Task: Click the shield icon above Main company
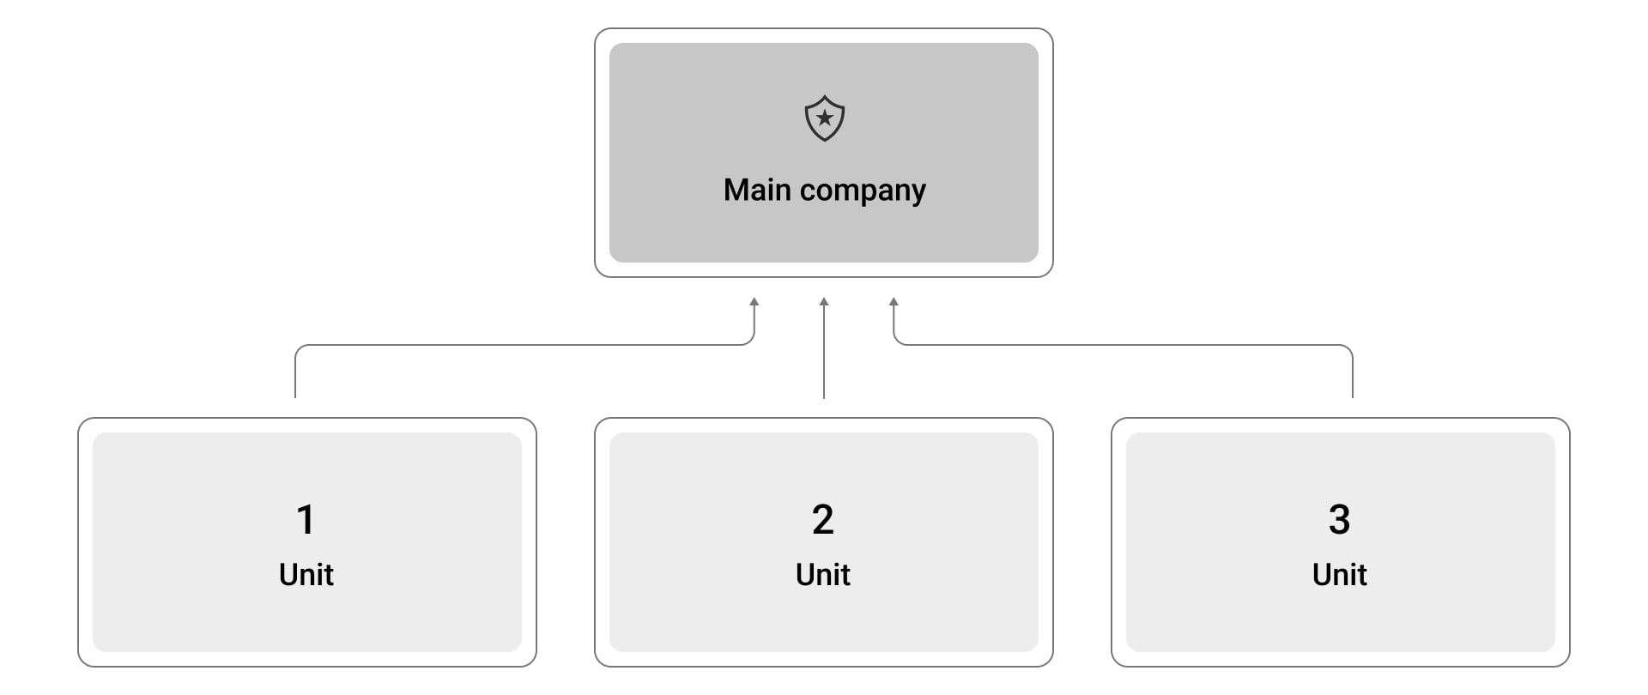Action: point(824,118)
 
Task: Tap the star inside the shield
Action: point(824,118)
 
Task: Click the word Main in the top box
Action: point(757,190)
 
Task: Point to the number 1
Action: point(306,519)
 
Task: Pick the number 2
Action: point(823,519)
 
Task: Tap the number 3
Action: point(1339,519)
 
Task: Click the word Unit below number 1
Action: point(306,574)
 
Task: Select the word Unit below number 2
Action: point(823,574)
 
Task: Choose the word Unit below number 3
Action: point(1340,574)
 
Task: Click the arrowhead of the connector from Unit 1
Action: point(754,302)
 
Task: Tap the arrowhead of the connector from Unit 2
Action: point(824,302)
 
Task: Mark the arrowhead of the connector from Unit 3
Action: point(894,302)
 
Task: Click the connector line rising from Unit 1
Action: point(524,345)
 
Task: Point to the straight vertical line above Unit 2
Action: point(824,347)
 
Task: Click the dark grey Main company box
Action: point(824,153)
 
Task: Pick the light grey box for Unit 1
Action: point(307,542)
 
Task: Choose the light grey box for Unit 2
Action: point(824,542)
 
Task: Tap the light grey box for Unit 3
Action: point(1341,542)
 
